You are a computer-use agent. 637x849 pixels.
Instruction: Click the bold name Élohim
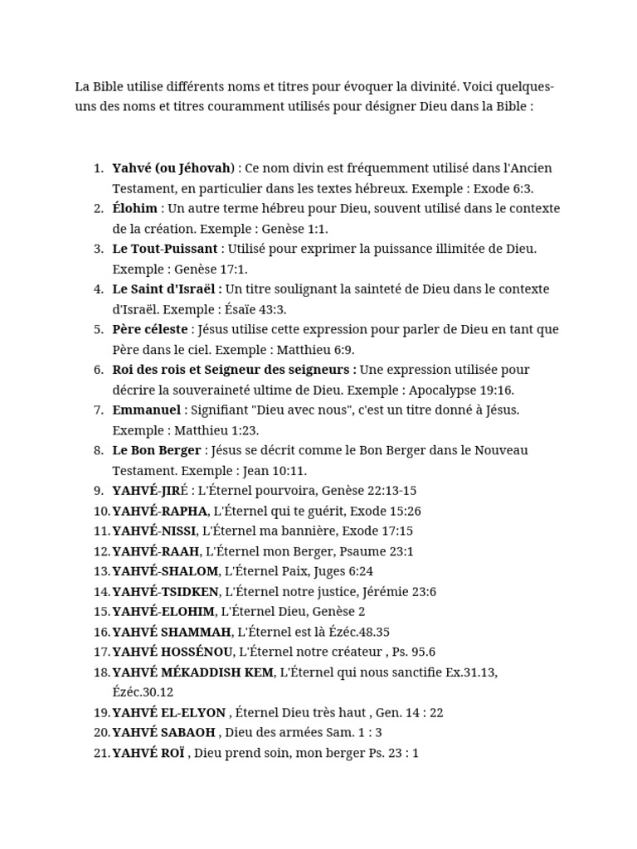(134, 208)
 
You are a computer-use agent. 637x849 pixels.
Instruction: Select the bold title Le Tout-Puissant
(164, 249)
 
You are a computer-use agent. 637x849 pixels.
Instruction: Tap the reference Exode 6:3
(503, 188)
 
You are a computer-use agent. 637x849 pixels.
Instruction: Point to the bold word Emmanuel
(146, 410)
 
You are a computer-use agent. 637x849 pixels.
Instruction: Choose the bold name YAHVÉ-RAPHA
(159, 511)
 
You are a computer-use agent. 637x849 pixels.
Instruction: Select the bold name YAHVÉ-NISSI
(154, 531)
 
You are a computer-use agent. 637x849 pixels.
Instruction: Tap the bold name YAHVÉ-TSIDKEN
(165, 591)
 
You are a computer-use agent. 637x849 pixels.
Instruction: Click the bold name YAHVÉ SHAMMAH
(172, 632)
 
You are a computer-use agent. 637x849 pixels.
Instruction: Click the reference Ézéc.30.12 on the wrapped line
(143, 692)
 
